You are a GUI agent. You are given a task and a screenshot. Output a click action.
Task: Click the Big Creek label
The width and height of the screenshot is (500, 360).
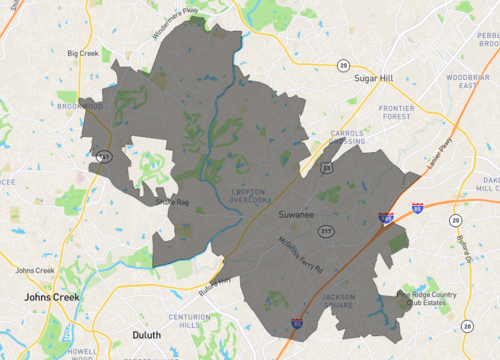tap(84, 53)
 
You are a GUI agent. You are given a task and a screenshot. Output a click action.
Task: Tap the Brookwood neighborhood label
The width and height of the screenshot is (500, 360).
tap(80, 105)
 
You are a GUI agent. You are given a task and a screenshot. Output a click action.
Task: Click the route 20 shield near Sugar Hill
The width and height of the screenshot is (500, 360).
tap(342, 65)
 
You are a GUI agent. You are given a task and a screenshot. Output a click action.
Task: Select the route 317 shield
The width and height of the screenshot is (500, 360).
tap(325, 231)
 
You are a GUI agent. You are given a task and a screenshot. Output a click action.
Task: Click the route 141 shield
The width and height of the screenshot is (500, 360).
tap(104, 158)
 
